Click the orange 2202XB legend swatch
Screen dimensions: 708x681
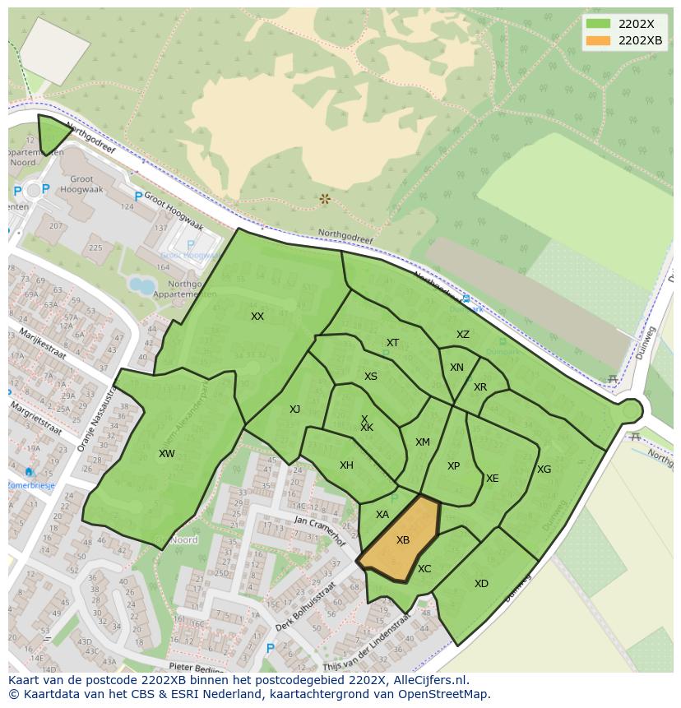click(599, 40)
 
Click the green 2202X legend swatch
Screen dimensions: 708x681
click(599, 24)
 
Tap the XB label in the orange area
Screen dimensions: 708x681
click(403, 540)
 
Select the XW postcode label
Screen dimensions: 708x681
click(167, 454)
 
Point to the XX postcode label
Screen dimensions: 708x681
click(257, 317)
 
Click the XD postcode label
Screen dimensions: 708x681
click(481, 584)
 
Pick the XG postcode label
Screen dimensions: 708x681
click(544, 470)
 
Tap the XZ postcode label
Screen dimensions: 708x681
click(463, 335)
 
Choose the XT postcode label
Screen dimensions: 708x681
click(392, 343)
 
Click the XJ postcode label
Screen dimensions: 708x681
click(294, 410)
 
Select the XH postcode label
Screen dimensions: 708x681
click(346, 465)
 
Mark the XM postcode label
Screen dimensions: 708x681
click(422, 442)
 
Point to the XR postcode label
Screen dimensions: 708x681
click(480, 387)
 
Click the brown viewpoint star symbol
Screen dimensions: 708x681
click(325, 199)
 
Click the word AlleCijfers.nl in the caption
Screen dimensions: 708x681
click(429, 680)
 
